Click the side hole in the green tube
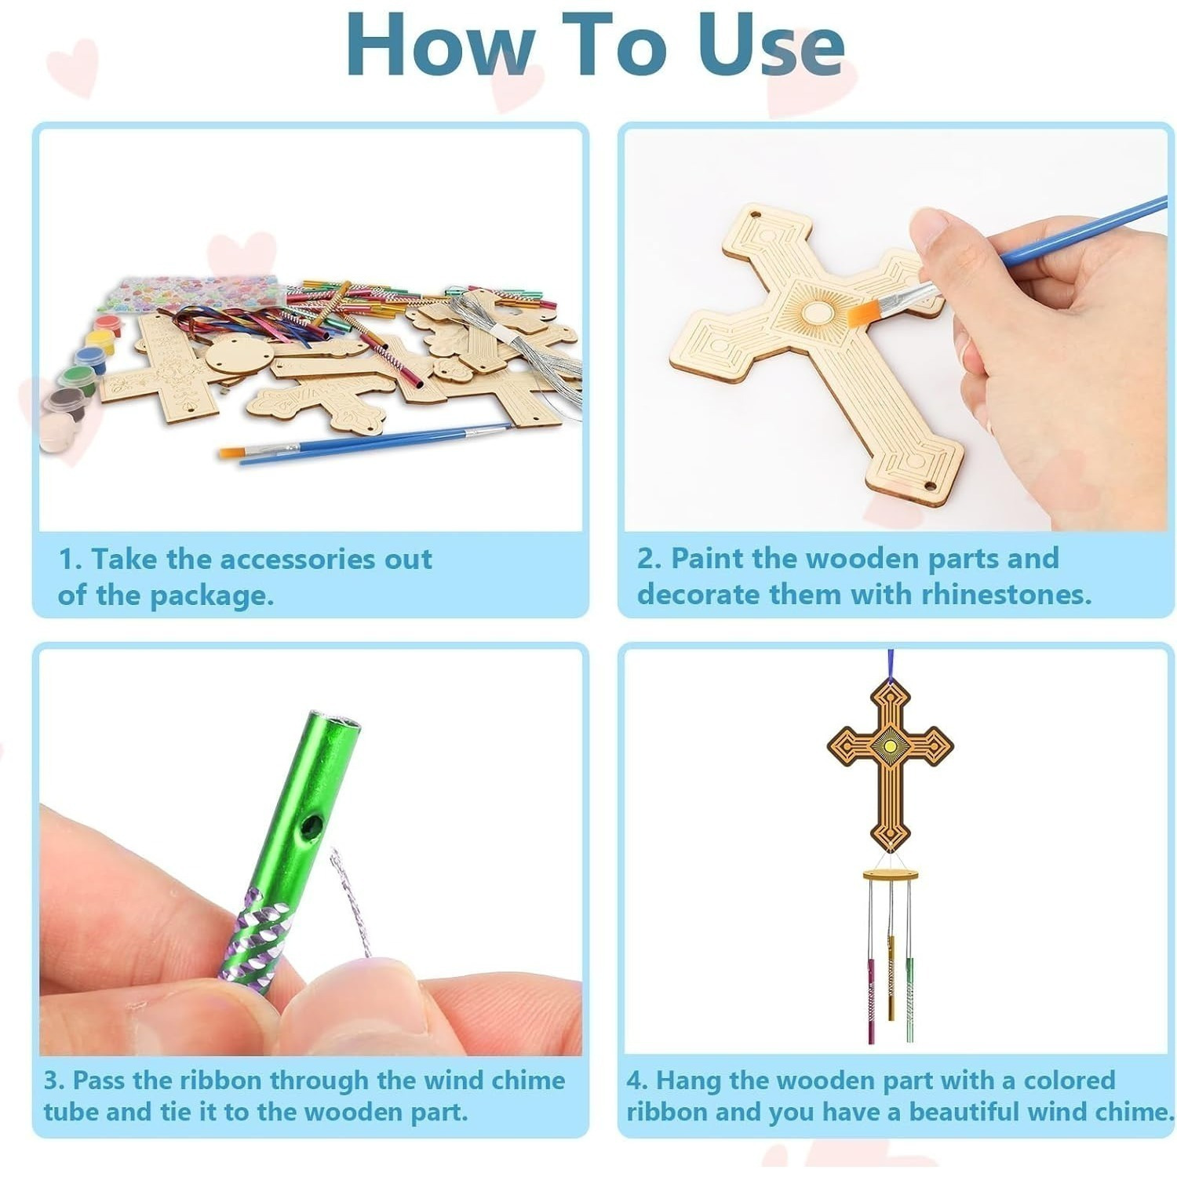pos(312,825)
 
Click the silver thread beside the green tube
pos(350,902)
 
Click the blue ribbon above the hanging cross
pos(891,664)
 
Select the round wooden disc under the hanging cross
pos(891,874)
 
